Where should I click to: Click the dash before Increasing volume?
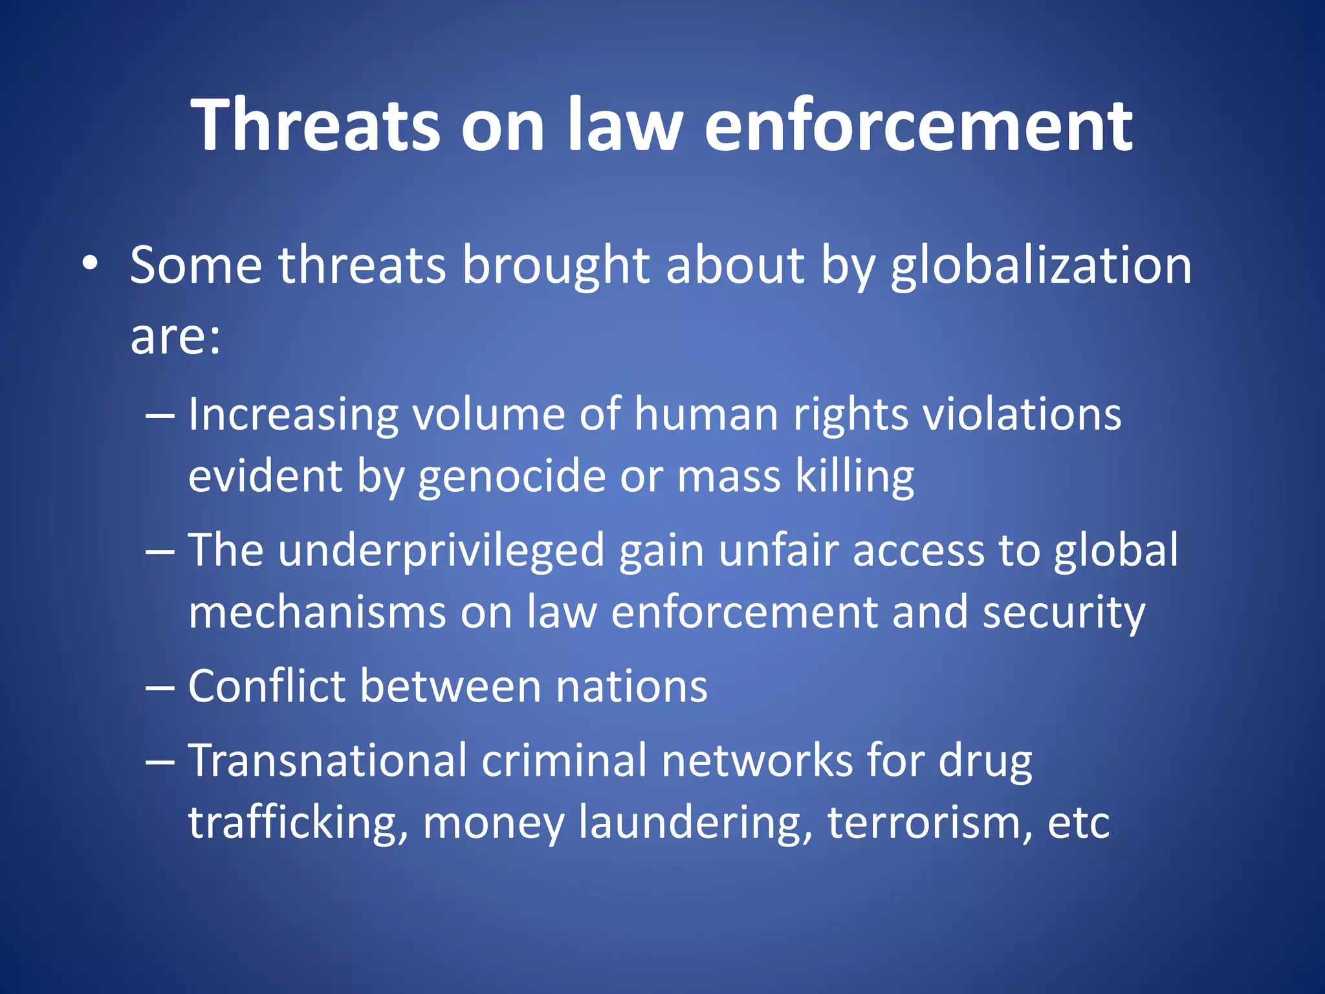click(160, 414)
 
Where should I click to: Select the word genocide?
click(511, 477)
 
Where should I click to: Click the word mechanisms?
click(317, 612)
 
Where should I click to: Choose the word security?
click(1063, 612)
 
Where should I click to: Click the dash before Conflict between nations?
click(160, 687)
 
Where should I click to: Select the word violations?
click(1021, 414)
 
